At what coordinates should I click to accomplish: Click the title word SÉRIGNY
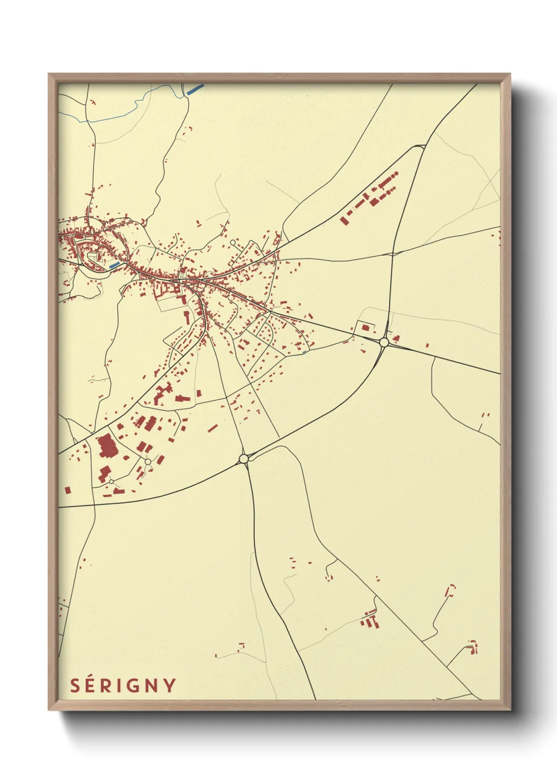click(123, 686)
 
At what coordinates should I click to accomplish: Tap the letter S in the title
click(75, 686)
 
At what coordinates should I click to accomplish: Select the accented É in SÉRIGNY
click(92, 685)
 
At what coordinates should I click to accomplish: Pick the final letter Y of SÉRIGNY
click(170, 686)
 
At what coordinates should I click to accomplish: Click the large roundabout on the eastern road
click(384, 342)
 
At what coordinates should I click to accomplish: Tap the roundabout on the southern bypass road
click(243, 459)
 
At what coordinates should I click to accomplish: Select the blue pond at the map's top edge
click(195, 89)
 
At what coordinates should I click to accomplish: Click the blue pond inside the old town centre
click(114, 265)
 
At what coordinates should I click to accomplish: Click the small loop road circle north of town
click(233, 243)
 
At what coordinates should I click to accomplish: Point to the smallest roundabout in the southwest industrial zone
click(111, 482)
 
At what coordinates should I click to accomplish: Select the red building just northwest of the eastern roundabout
click(365, 327)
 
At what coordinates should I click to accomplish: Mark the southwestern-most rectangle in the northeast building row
click(345, 219)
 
